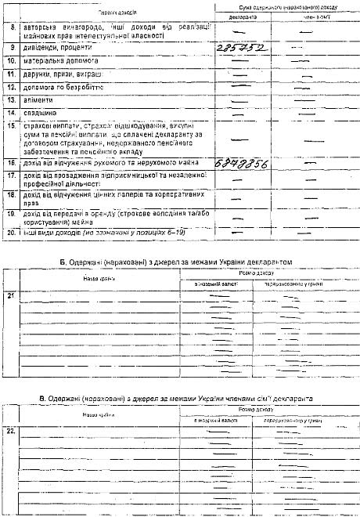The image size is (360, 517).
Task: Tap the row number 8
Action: click(12, 28)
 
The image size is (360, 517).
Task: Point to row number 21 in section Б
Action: click(10, 295)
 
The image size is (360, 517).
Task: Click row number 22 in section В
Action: click(10, 431)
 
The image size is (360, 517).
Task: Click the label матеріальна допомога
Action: click(59, 60)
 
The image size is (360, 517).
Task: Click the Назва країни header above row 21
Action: click(99, 278)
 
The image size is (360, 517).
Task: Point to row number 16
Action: click(12, 163)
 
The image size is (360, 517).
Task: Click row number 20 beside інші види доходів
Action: click(12, 232)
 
